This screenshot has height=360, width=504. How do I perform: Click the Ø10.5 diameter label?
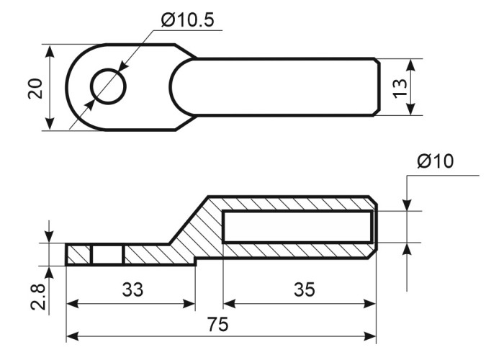click(x=187, y=21)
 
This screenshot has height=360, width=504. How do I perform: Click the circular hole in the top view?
click(x=108, y=86)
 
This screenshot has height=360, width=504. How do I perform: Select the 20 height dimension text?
click(x=35, y=89)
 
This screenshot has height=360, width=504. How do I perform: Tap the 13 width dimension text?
click(x=400, y=88)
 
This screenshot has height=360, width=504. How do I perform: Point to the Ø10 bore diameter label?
click(x=436, y=161)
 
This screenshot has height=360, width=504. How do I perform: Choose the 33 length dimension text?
click(x=132, y=289)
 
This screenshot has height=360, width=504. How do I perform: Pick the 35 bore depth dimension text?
click(x=305, y=289)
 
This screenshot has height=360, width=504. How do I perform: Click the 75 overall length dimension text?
click(x=217, y=324)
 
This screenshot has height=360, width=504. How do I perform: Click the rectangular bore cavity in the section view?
click(x=297, y=227)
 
